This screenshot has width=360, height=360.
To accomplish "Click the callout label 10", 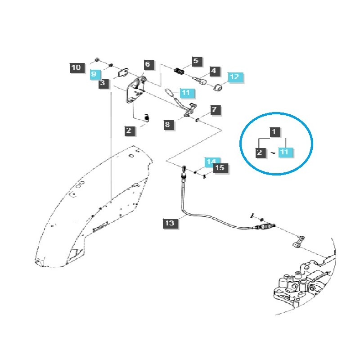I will point(76,68).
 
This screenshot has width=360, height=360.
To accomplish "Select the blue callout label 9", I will point(94,74).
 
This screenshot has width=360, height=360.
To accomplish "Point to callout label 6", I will point(149,64).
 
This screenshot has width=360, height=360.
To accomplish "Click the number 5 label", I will point(195,61).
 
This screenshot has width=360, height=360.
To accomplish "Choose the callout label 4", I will point(213,71).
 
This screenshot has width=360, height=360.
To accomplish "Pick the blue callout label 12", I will point(235,77).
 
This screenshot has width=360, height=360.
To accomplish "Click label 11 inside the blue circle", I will point(284,153).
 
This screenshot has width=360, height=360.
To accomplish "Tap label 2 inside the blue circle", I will point(260,153).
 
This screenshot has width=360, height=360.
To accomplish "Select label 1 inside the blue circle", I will point(273,132).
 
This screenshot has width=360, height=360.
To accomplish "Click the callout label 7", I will point(214,109).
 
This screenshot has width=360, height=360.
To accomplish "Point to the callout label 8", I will point(167,124).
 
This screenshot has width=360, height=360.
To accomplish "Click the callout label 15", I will point(220,169).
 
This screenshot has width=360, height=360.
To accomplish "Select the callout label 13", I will point(169,222).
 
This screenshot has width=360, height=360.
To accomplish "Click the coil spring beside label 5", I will point(180,71).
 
